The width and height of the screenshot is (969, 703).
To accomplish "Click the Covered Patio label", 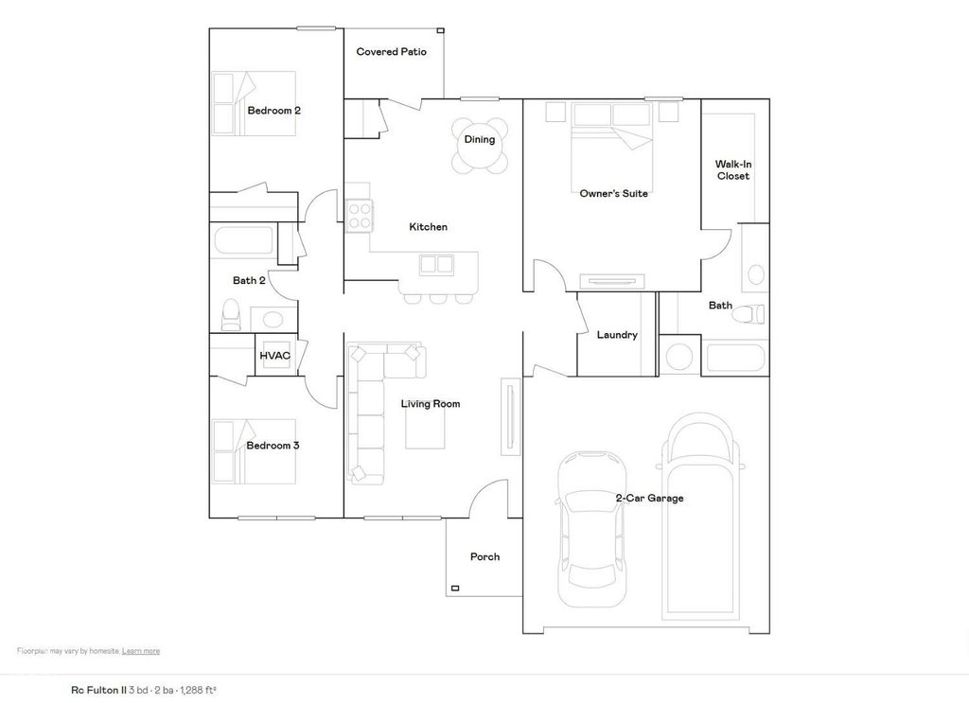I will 391,52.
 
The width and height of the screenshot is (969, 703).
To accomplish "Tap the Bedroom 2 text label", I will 273,111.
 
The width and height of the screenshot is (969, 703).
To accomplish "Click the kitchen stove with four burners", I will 359,217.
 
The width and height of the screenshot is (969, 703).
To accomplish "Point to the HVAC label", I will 274,356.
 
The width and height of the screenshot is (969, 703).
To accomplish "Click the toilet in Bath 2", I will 231,314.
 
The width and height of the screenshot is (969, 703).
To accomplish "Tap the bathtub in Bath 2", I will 243,240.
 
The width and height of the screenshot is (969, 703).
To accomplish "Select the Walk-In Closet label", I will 732,170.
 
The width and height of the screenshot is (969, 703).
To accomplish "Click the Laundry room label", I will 617,335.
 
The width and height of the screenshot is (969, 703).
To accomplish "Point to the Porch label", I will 484,557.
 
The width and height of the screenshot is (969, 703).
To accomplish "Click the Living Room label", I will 431,404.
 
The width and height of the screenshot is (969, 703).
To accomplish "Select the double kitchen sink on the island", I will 435,264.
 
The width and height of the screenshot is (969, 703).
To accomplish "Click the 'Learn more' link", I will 140,651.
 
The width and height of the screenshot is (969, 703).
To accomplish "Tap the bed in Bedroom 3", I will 254,451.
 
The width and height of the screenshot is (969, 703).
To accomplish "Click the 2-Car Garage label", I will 649,499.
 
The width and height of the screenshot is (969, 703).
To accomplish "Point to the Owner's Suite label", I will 613,194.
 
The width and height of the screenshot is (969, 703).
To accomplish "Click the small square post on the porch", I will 455,589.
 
